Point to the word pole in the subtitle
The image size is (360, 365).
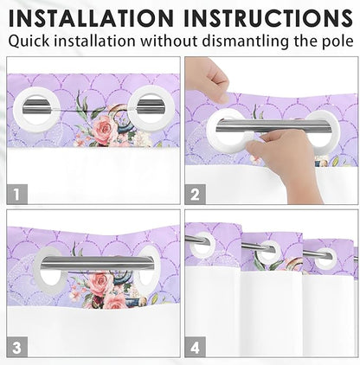click(x=334, y=41)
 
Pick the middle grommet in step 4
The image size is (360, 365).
click(x=268, y=253)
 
